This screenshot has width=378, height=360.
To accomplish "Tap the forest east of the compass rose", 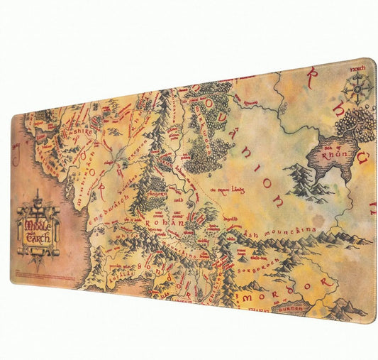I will point(358,124).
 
